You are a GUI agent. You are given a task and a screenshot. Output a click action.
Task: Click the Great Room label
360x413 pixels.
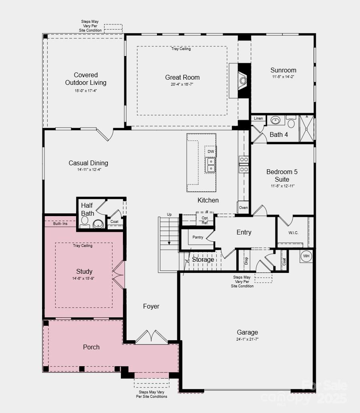click(182, 77)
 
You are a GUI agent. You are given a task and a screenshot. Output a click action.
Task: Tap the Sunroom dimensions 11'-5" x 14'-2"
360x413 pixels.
click(283, 76)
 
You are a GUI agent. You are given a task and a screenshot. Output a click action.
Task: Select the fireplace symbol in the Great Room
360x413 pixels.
click(243, 80)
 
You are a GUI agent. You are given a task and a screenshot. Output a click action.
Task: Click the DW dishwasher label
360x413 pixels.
click(211, 152)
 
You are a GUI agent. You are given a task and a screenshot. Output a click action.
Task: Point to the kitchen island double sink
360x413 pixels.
click(211, 164)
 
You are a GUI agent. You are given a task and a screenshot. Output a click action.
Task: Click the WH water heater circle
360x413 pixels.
click(306, 256)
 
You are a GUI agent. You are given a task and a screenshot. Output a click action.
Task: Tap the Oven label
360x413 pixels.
click(243, 208)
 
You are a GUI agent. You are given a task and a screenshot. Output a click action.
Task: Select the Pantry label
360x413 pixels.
click(198, 237)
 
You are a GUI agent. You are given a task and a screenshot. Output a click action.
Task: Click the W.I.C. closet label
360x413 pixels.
click(293, 233)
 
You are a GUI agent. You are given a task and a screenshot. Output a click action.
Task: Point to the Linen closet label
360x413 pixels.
click(258, 118)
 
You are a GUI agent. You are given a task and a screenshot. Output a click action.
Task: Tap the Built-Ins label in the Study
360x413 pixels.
click(60, 224)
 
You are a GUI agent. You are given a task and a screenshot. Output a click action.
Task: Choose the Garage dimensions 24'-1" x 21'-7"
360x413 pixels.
click(247, 339)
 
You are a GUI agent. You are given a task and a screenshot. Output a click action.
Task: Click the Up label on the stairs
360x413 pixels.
click(169, 215)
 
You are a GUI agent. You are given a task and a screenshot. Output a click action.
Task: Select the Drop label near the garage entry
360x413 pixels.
click(246, 261)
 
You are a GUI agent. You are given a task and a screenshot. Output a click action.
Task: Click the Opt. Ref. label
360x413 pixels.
click(205, 220)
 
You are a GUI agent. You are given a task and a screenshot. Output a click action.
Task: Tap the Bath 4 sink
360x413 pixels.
click(276, 120)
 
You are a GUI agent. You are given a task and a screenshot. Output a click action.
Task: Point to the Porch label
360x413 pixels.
click(91, 347)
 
